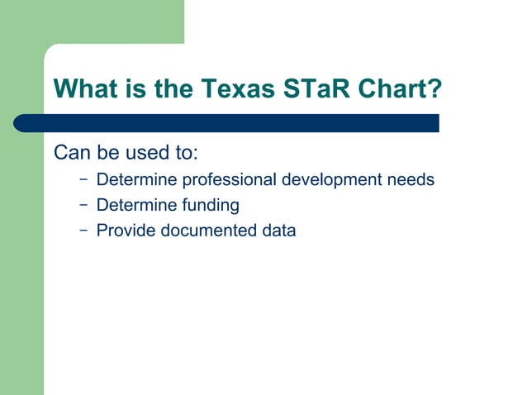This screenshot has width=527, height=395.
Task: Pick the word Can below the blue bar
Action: pyautogui.click(x=69, y=154)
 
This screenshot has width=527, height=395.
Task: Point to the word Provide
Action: pyautogui.click(x=126, y=231)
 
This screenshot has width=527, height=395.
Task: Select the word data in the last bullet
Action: pyautogui.click(x=278, y=231)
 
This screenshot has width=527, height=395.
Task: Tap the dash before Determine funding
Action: pyautogui.click(x=83, y=204)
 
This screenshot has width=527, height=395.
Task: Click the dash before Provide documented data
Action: pyautogui.click(x=83, y=230)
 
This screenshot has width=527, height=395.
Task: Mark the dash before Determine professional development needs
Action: pyautogui.click(x=83, y=178)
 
